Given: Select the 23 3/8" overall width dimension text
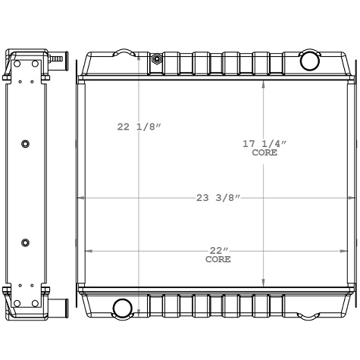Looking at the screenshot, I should [218, 198].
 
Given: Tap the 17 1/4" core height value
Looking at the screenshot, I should [265, 143].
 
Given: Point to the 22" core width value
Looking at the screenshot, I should [218, 251].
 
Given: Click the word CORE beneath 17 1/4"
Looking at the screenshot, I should [265, 152].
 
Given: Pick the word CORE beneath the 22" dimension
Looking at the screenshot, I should [218, 260].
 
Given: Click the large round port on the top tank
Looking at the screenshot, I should [309, 61].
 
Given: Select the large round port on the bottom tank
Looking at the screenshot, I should [121, 308].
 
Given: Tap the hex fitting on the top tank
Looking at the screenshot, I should [156, 59].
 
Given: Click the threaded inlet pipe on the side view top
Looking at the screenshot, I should [58, 58].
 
